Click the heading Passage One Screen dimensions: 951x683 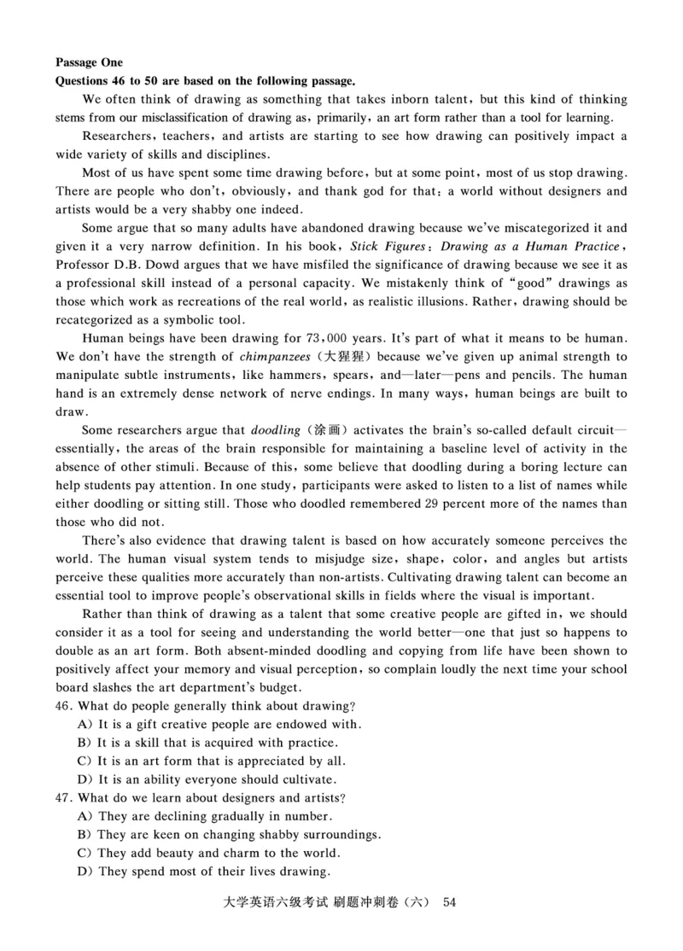(89, 62)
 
